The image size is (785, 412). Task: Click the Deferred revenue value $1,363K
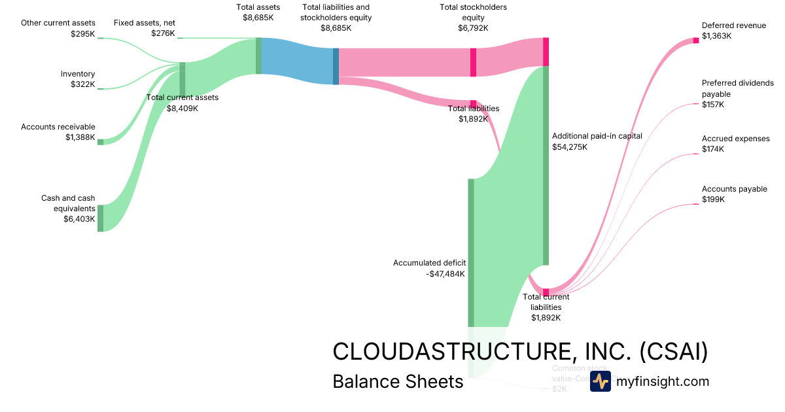pyautogui.click(x=716, y=36)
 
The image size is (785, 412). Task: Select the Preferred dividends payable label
pyautogui.click(x=737, y=88)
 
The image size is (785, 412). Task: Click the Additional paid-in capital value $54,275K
pyautogui.click(x=570, y=146)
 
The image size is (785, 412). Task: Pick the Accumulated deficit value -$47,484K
pyautogui.click(x=445, y=273)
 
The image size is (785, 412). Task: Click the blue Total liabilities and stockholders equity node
pyautogui.click(x=336, y=66)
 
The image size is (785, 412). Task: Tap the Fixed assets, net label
pyautogui.click(x=144, y=22)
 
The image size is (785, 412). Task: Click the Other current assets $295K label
pyautogui.click(x=58, y=27)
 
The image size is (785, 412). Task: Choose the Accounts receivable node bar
pyautogui.click(x=100, y=141)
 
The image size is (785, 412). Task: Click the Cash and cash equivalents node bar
pyautogui.click(x=100, y=218)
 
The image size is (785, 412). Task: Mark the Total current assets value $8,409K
pyautogui.click(x=182, y=108)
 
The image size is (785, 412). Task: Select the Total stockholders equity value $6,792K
pyautogui.click(x=473, y=28)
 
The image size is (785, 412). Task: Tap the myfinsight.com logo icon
pyautogui.click(x=600, y=381)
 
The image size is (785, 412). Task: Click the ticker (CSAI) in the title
pyautogui.click(x=673, y=351)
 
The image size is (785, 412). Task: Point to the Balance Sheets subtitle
pyautogui.click(x=397, y=381)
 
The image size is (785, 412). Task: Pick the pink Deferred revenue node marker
pyautogui.click(x=696, y=41)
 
